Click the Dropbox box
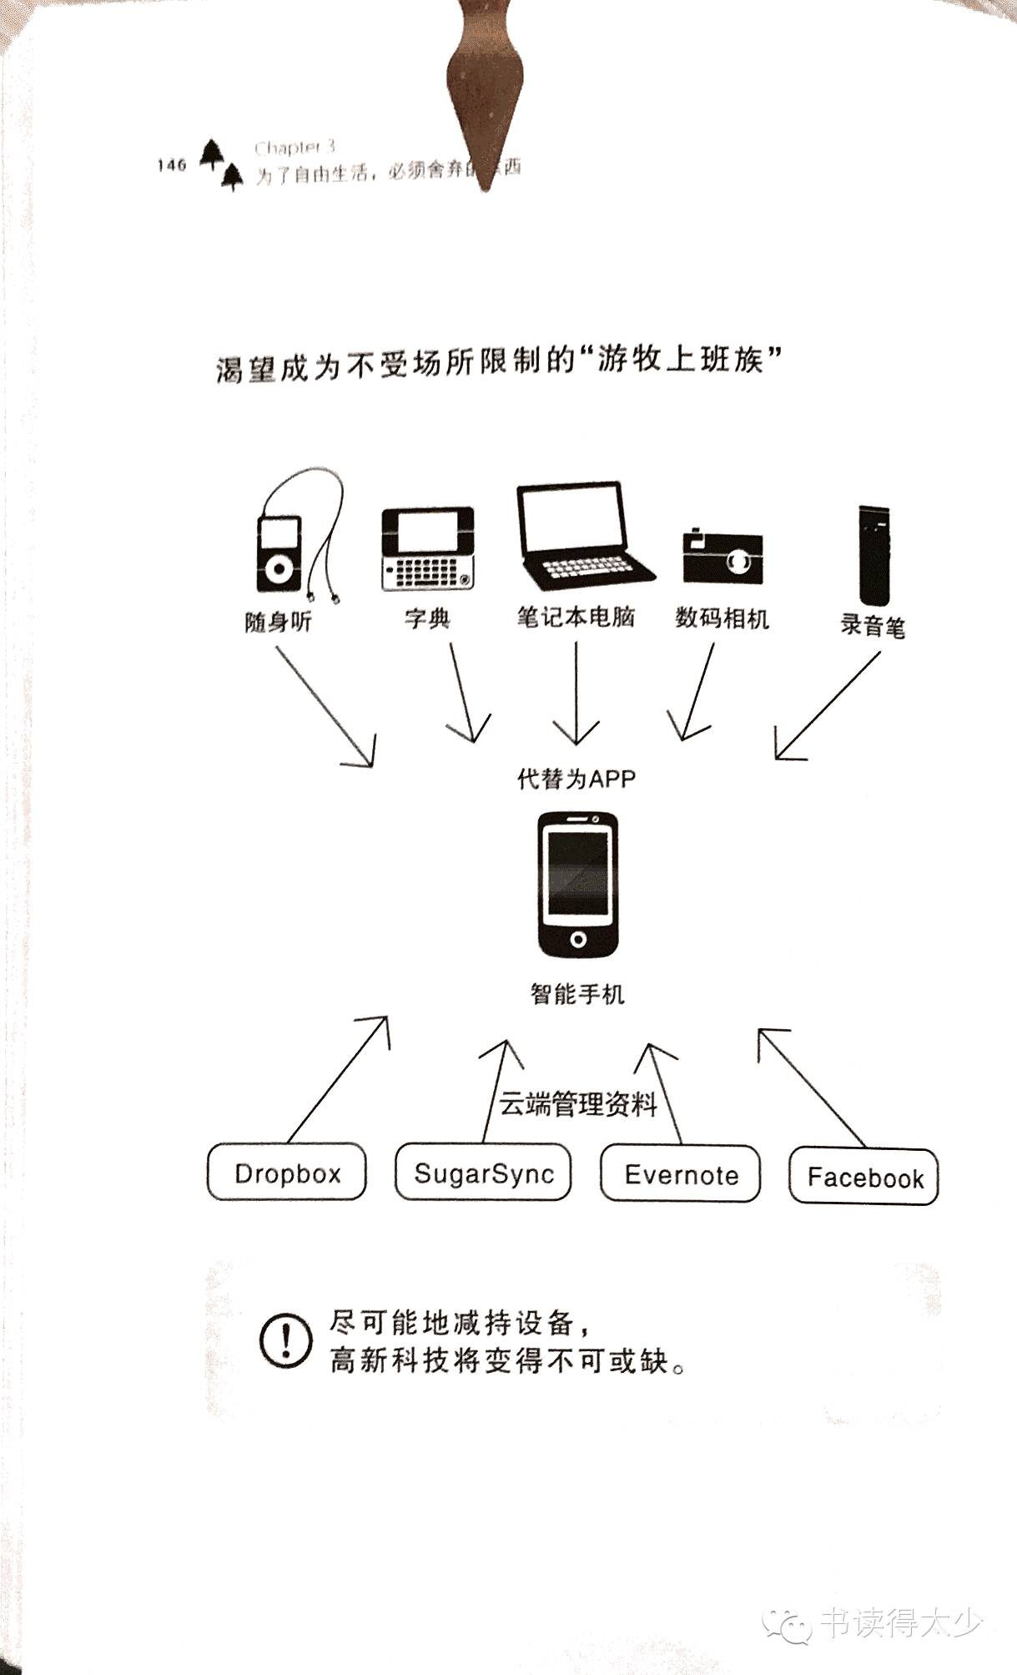[286, 1172]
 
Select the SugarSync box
[483, 1173]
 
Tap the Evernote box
[680, 1173]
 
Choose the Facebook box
[863, 1177]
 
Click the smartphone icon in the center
[577, 884]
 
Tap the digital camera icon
[722, 555]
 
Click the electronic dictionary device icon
[428, 548]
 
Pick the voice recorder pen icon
[873, 554]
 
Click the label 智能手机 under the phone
[577, 994]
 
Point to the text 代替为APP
[576, 779]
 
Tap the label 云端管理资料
[577, 1104]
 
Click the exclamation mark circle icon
[286, 1340]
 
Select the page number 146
[171, 164]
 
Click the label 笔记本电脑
[576, 618]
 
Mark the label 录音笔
[872, 625]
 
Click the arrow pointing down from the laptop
[576, 693]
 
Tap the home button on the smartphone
[577, 940]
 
